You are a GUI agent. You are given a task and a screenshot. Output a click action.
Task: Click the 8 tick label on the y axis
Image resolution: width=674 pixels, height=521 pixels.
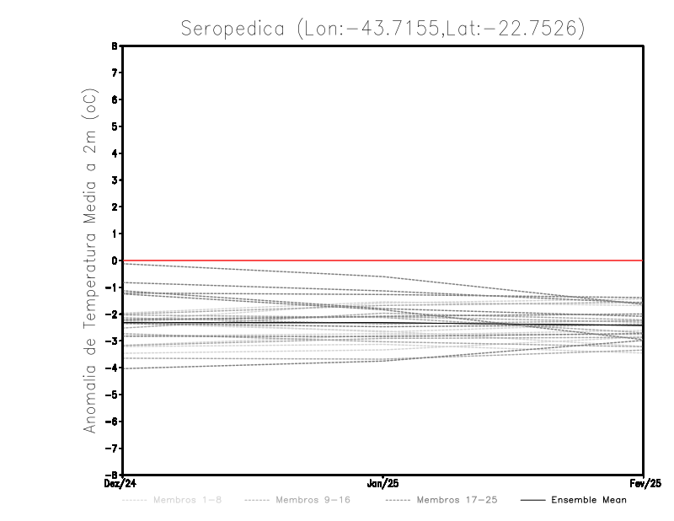(114, 46)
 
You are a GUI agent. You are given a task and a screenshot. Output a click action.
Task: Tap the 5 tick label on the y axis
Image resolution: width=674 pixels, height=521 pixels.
(114, 126)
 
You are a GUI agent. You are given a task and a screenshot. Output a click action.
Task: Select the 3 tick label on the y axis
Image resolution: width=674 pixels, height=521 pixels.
(114, 180)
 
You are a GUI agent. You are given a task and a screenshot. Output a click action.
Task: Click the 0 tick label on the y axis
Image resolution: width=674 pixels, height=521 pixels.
(114, 260)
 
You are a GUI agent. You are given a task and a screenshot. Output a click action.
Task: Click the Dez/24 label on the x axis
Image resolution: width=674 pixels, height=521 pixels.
(121, 484)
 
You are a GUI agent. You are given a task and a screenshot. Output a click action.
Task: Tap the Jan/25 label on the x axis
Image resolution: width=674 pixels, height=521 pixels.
(383, 484)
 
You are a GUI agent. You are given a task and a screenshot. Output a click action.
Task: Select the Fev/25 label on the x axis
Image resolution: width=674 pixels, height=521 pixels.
(643, 484)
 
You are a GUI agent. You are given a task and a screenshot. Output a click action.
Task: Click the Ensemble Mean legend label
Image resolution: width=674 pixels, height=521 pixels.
(589, 500)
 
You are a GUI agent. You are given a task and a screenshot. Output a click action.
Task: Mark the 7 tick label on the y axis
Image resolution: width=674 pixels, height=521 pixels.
(114, 73)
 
